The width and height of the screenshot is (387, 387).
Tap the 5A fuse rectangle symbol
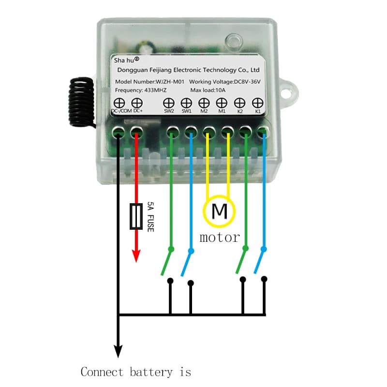(x=136, y=216)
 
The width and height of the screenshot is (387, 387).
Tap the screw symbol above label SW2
(x=168, y=103)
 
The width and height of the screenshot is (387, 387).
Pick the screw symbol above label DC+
(x=137, y=103)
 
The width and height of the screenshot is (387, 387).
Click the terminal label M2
(x=204, y=111)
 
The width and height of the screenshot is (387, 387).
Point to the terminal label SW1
(x=186, y=111)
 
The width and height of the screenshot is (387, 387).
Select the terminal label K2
(x=240, y=111)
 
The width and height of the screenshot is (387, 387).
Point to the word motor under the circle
(x=220, y=238)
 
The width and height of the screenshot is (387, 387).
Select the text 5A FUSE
(x=150, y=216)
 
